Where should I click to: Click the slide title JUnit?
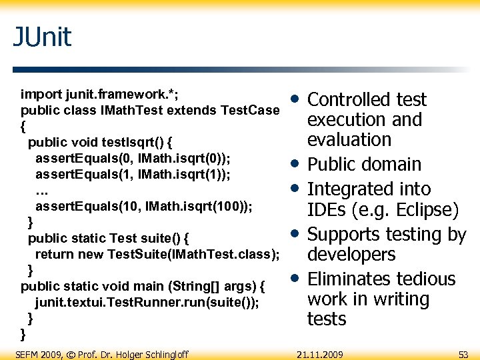point(42,37)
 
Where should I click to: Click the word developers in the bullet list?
point(351,255)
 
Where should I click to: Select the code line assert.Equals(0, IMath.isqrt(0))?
point(133,158)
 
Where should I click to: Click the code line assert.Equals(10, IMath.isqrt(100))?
point(143,206)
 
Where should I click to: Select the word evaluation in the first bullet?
point(349,140)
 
